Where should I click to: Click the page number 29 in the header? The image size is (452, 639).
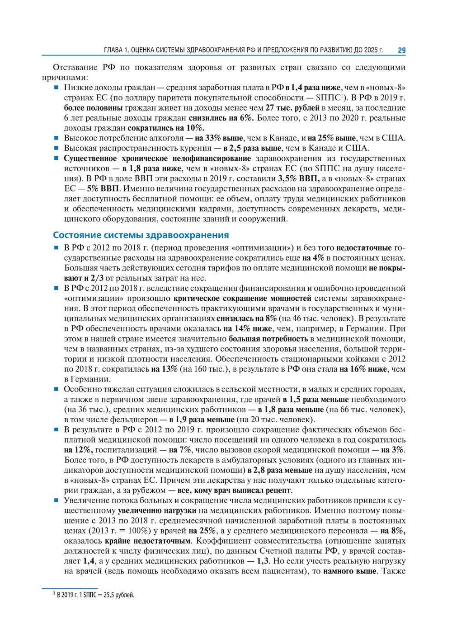point(401,50)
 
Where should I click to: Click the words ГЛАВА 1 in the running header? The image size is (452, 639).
point(118,50)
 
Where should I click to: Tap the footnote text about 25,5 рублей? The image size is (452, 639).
point(95,595)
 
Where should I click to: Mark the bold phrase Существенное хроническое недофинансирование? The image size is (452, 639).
point(157,159)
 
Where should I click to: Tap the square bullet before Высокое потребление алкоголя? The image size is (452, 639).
point(56,138)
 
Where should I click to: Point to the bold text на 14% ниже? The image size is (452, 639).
point(247,328)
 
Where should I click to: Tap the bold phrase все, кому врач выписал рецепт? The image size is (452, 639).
point(234,490)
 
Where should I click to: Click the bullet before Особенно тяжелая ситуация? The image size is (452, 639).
point(56,389)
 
